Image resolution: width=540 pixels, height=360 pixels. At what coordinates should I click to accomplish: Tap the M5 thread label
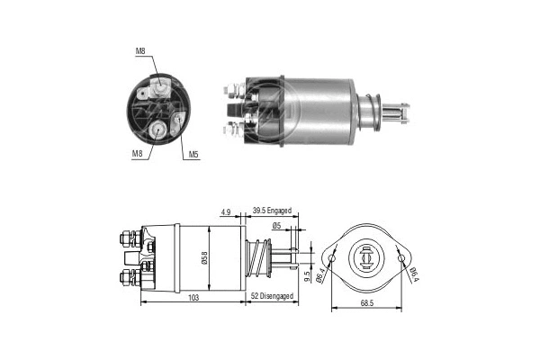tap(193, 154)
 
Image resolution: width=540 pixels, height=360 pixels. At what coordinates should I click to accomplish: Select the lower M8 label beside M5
tap(139, 154)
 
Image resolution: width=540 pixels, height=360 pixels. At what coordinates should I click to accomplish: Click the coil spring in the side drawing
tap(258, 258)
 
